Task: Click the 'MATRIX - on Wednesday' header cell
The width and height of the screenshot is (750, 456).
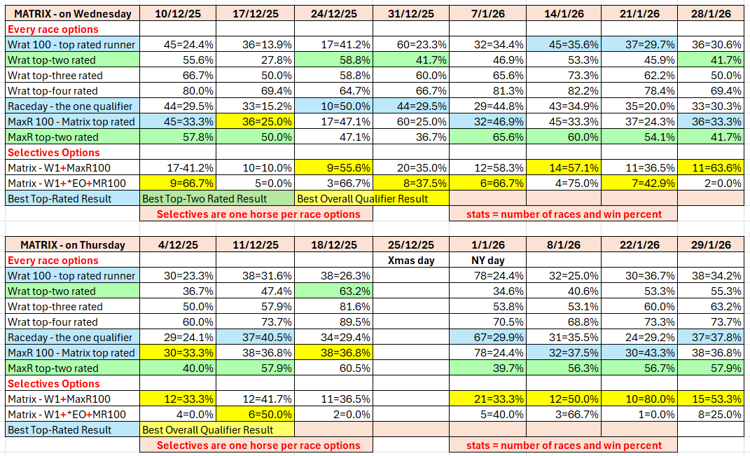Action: pyautogui.click(x=72, y=13)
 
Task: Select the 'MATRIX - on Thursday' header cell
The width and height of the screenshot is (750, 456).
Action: pyautogui.click(x=72, y=244)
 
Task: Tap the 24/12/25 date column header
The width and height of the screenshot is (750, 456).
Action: pyautogui.click(x=333, y=13)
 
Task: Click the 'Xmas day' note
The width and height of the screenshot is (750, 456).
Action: pyautogui.click(x=410, y=260)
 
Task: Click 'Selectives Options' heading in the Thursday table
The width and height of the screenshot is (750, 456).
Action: pyautogui.click(x=54, y=383)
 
